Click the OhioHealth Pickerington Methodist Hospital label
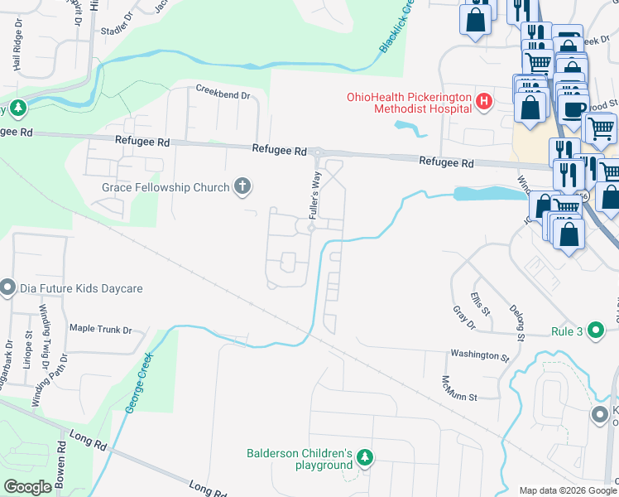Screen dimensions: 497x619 click(409, 103)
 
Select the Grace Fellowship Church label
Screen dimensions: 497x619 click(166, 187)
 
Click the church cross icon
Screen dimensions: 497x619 click(242, 186)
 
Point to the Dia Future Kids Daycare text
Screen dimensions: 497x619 click(80, 288)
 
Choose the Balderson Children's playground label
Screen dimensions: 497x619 click(300, 459)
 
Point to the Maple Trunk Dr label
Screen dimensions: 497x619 click(100, 330)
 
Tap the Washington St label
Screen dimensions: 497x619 click(479, 355)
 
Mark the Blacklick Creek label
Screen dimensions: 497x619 click(396, 28)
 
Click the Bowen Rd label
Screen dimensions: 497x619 click(61, 462)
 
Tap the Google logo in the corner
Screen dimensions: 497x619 click(27, 486)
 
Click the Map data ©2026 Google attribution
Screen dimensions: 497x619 click(567, 490)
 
